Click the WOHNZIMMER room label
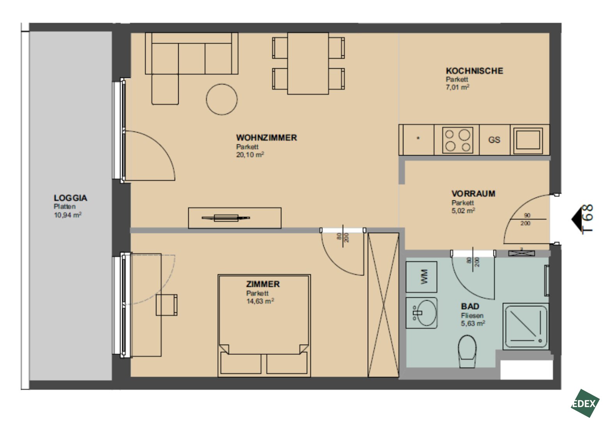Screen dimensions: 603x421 (266, 138)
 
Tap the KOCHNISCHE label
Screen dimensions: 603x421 (475, 71)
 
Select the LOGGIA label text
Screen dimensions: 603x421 (71, 198)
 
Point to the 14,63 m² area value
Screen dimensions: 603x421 (260, 301)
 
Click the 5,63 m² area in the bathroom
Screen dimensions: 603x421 (473, 323)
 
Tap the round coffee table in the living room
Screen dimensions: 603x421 (222, 99)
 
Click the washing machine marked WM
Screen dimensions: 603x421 (421, 277)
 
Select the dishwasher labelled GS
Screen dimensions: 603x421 (494, 140)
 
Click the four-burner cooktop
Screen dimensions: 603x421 (458, 140)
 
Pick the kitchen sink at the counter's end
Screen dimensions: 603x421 (528, 140)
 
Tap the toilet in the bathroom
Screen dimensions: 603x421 (467, 351)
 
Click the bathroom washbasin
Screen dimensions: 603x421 (422, 313)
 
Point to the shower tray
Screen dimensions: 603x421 (526, 327)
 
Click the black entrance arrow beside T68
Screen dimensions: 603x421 (576, 219)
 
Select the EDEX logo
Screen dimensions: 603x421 (585, 403)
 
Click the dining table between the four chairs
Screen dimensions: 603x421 (308, 64)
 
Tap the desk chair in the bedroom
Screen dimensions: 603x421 (167, 305)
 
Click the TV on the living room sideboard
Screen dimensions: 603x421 (226, 218)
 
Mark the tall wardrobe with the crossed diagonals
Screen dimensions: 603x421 (383, 305)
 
